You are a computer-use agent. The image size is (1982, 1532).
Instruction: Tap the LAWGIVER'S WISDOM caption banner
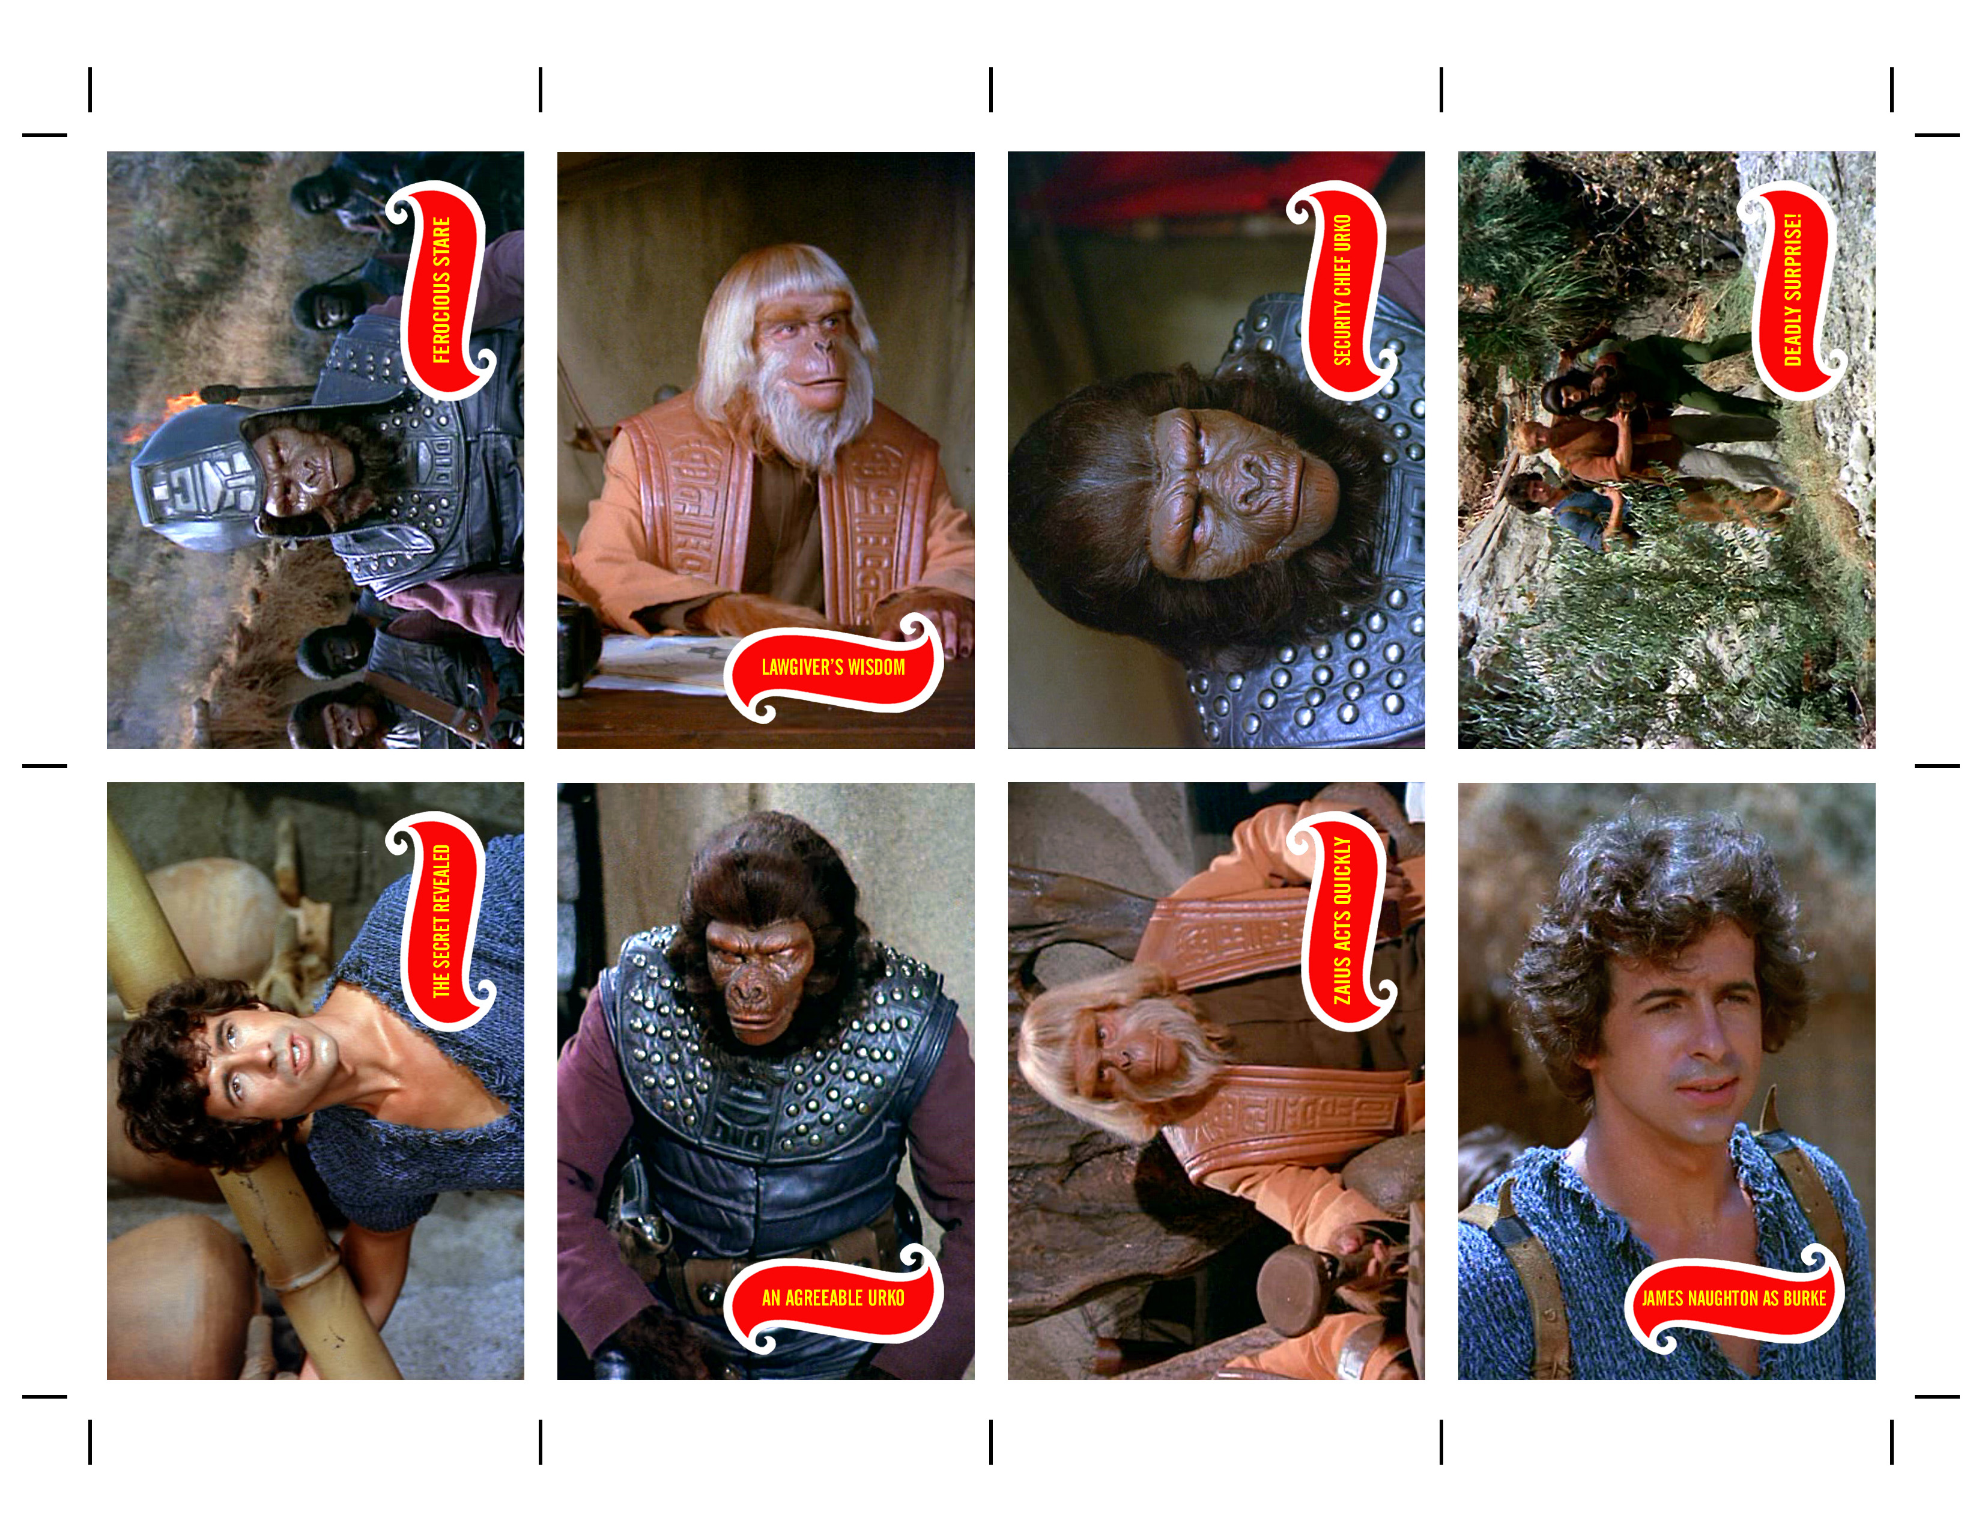833,668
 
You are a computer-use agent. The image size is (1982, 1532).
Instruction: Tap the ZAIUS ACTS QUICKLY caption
1342,921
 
